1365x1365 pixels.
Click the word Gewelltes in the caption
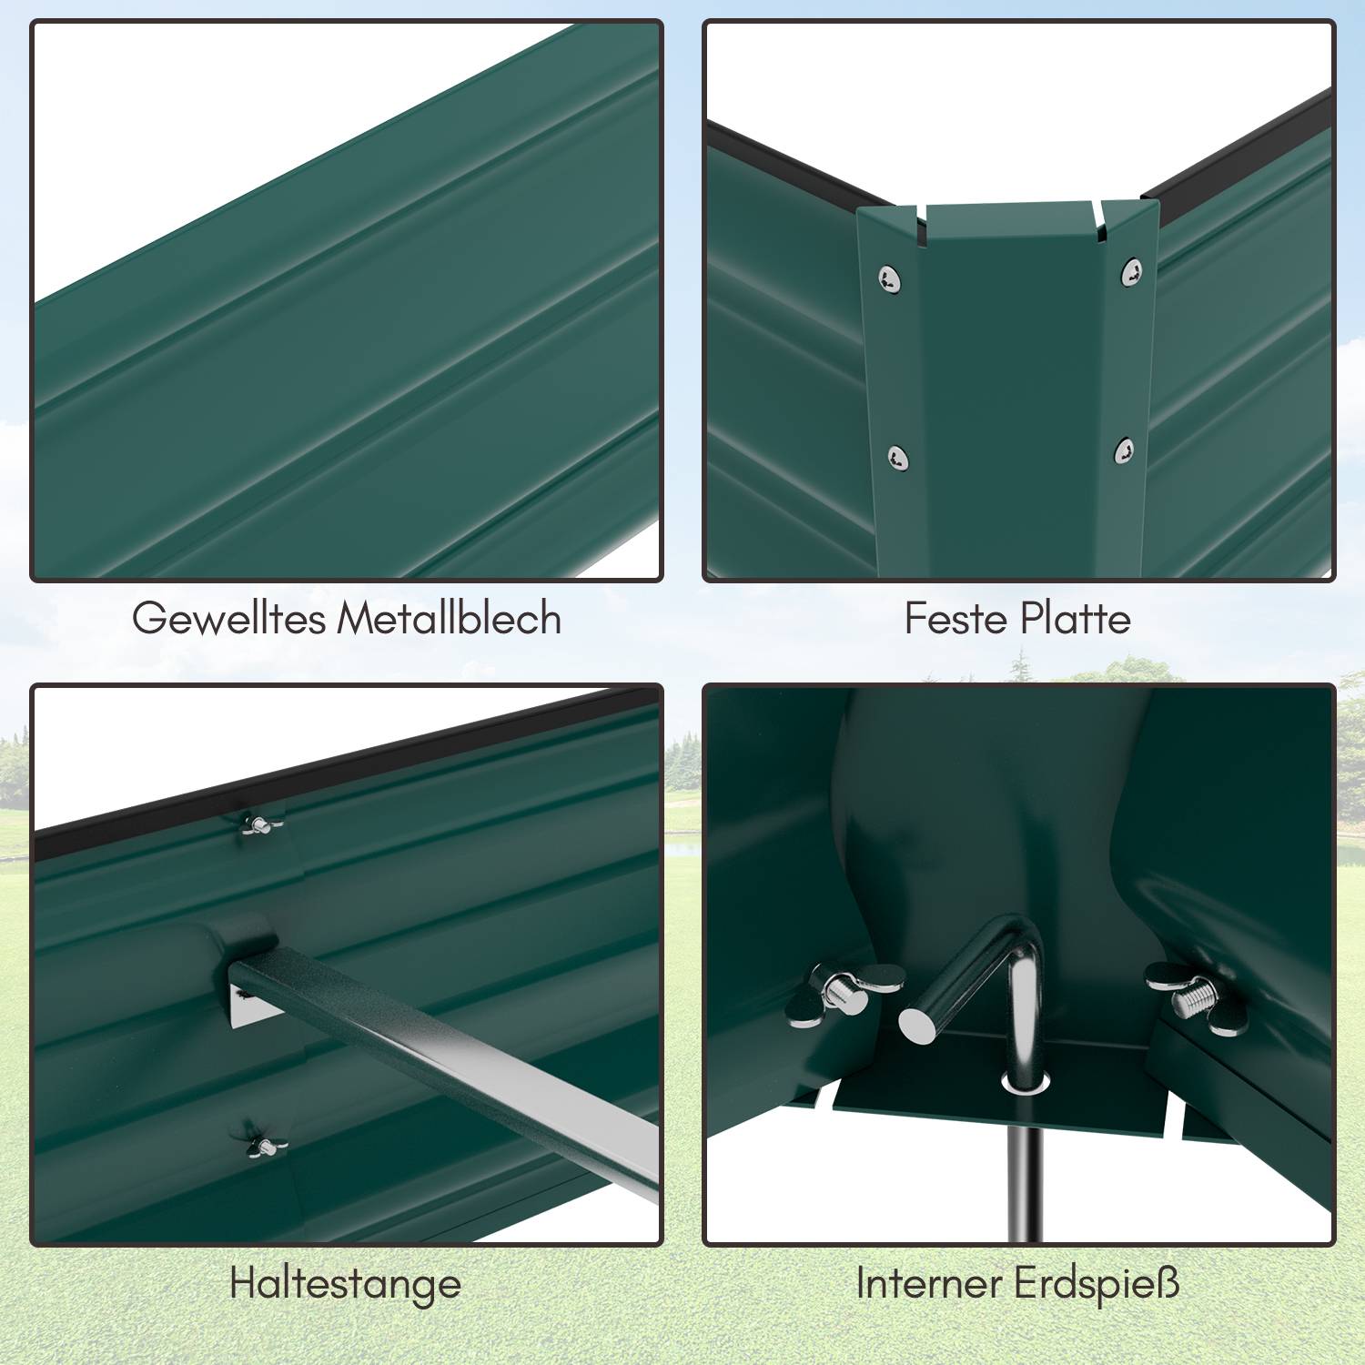coord(228,619)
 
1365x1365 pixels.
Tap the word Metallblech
coord(450,618)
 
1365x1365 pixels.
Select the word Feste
coord(955,619)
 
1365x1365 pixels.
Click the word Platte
coord(1075,619)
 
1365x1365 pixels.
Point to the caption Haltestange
coord(346,1284)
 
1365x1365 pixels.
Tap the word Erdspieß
coord(1097,1284)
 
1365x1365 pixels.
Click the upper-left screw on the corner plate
coord(890,279)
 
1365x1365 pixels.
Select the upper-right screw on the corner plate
coord(1131,271)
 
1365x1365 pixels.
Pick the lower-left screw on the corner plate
coord(898,458)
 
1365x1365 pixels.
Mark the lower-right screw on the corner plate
coord(1125,450)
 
